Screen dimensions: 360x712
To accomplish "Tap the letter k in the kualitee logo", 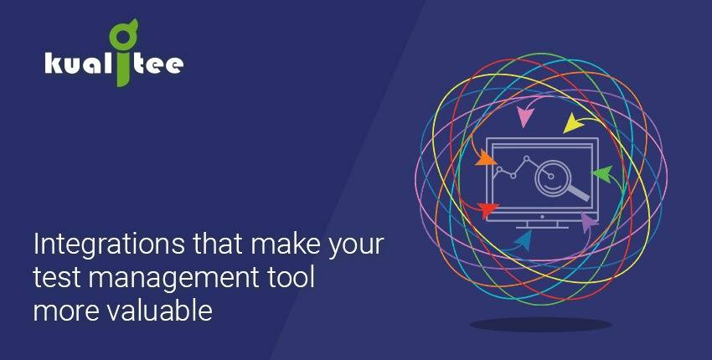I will pos(54,64).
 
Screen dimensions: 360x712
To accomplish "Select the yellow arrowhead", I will pos(574,123).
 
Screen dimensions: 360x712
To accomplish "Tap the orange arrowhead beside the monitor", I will pos(485,158).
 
